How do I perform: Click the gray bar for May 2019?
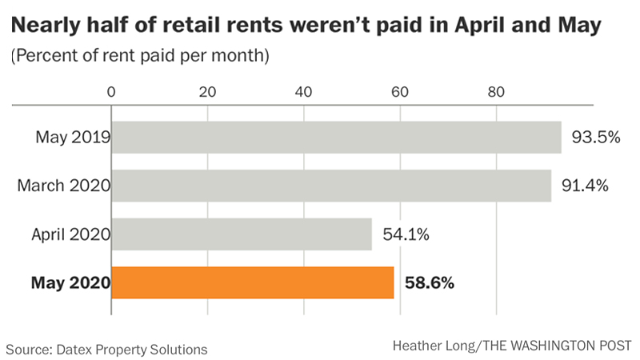[336, 137]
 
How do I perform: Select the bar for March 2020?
[331, 186]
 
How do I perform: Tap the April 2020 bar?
[242, 234]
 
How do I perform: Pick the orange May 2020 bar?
[253, 282]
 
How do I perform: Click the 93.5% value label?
[596, 137]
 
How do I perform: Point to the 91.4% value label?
[586, 186]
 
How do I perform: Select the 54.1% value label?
[407, 234]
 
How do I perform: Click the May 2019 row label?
[72, 137]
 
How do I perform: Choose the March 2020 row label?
[63, 186]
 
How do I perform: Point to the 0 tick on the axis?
[111, 90]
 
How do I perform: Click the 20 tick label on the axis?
[207, 90]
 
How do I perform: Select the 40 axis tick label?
[303, 90]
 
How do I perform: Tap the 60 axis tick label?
[400, 90]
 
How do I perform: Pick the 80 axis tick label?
[496, 90]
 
